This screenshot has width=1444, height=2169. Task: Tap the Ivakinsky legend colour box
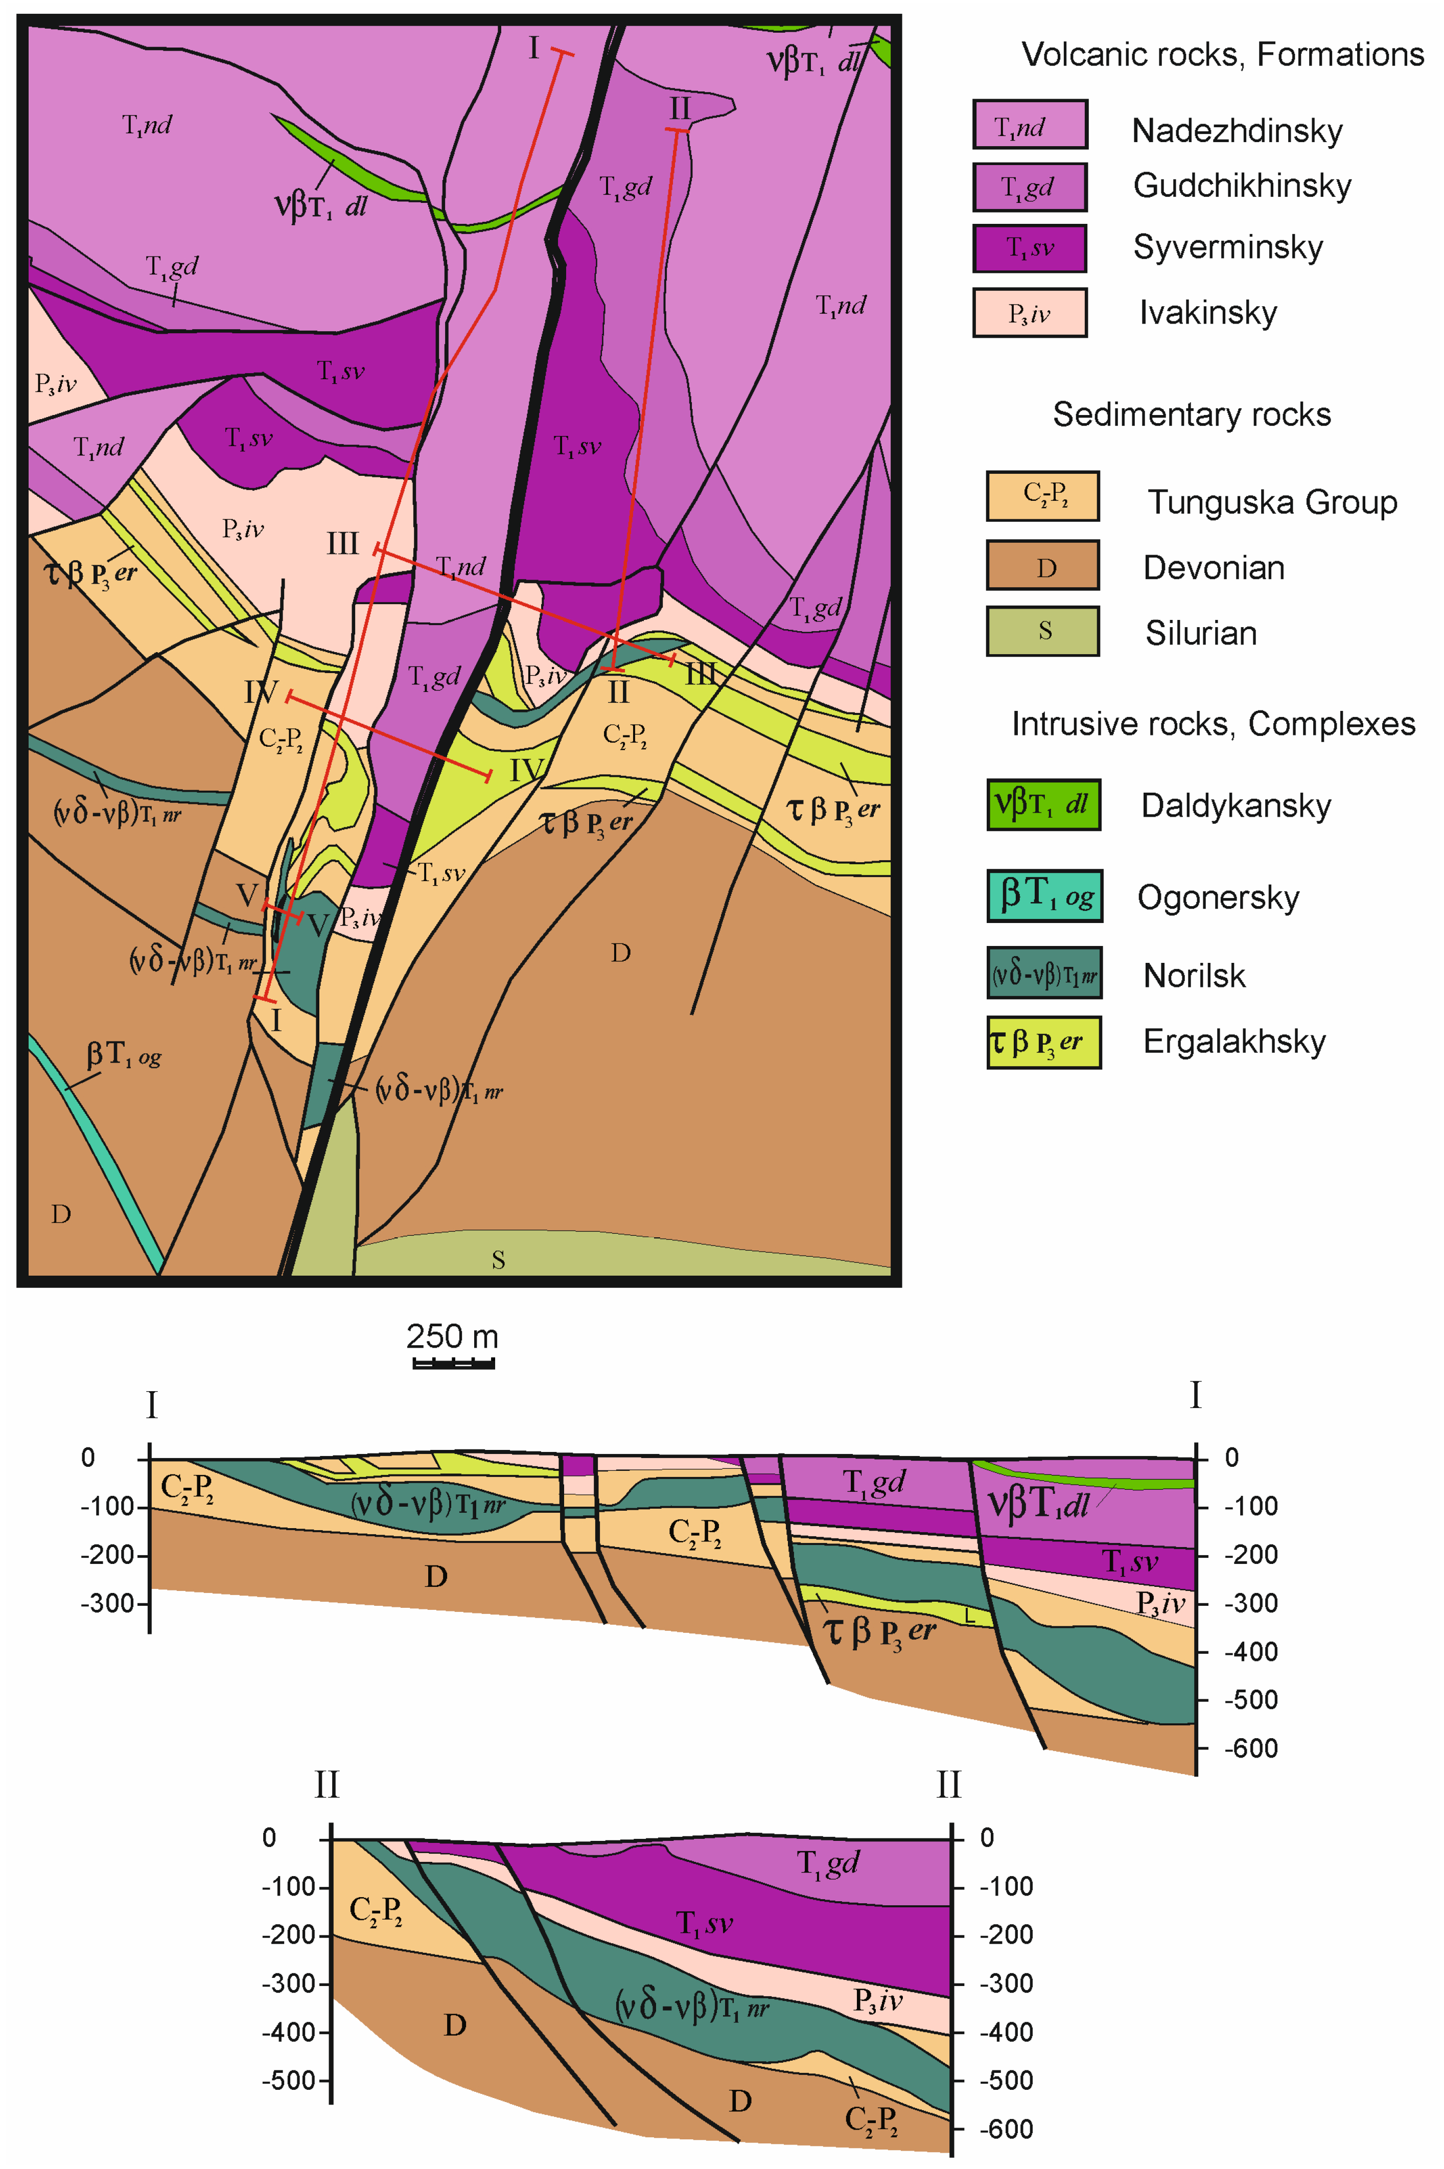coord(1030,313)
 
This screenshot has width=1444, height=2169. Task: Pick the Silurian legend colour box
coord(1042,631)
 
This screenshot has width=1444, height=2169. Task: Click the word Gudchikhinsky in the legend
coord(1241,186)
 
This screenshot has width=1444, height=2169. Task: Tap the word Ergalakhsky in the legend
coord(1234,1042)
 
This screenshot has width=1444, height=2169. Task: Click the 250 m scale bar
coord(453,1362)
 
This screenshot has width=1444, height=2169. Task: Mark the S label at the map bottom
coord(498,1260)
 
